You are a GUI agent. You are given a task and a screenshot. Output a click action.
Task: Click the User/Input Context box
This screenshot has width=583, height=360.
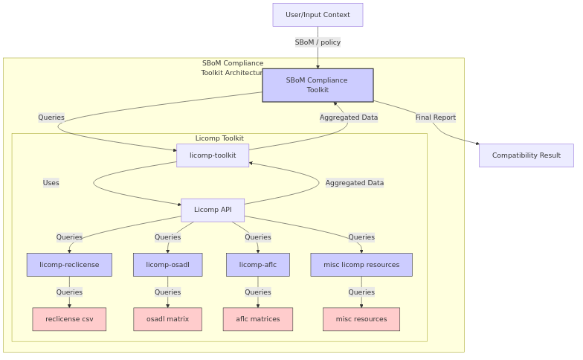318,15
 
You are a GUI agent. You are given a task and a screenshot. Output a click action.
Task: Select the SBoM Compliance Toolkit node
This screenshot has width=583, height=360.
318,86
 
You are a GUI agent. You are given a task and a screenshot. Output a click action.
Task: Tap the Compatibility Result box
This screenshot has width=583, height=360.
526,155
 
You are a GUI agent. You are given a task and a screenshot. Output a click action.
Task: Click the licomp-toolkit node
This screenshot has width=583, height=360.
213,155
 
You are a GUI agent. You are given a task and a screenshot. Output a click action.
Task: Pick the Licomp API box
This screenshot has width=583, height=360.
213,210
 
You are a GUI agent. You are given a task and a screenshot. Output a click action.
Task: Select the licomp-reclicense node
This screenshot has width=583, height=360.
69,265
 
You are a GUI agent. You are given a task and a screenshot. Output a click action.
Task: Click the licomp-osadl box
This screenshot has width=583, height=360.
167,265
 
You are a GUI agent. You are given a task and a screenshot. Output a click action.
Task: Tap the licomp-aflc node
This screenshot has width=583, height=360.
258,265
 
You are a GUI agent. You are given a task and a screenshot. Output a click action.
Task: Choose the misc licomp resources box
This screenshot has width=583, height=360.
361,265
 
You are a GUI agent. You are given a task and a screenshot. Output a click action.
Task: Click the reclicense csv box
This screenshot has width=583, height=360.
69,319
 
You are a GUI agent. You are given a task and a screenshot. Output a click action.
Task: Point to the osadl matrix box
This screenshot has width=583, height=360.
167,319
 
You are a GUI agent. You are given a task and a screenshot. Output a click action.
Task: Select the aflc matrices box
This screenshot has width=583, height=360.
258,319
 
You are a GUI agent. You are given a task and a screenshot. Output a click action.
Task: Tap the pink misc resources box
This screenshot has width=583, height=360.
361,319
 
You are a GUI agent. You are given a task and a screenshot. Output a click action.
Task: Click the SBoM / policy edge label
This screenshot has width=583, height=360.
318,42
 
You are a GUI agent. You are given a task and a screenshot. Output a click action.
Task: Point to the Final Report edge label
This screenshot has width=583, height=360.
436,118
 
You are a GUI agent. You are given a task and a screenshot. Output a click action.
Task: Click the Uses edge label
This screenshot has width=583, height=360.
51,183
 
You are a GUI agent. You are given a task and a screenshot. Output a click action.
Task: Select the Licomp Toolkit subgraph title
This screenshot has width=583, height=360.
219,138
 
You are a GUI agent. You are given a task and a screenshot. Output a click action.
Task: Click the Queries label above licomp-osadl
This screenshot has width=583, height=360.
167,237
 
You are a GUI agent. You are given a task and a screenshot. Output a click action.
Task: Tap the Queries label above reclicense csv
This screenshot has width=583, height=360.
69,292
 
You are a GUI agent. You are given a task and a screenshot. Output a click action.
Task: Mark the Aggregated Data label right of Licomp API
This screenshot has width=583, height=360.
355,183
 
